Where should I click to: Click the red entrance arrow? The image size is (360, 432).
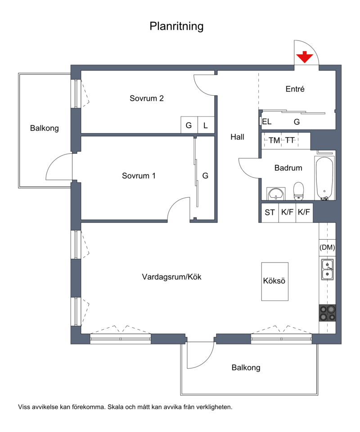[x=305, y=57]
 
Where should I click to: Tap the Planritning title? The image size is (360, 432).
[x=176, y=26]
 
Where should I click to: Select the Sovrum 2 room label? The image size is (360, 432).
[x=147, y=98]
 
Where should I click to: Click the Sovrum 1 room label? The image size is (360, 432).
[x=139, y=176]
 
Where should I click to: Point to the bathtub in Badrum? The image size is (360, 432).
[x=324, y=178]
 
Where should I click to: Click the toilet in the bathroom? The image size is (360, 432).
[x=298, y=191]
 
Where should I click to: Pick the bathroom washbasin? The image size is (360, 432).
[x=276, y=193]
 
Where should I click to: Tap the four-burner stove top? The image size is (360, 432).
[x=328, y=313]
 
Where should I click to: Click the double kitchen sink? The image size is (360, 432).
[x=328, y=269]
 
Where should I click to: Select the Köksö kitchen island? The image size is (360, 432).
[x=275, y=281]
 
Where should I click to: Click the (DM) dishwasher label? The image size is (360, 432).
[x=327, y=247]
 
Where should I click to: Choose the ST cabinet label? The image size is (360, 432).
[x=270, y=213]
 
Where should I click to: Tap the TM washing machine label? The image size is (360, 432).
[x=274, y=141]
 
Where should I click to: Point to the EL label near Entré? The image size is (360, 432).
[x=267, y=121]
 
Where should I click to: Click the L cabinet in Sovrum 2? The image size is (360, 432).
[x=206, y=125]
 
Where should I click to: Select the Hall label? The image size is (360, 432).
[x=238, y=137]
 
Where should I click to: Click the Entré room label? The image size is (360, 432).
[x=295, y=89]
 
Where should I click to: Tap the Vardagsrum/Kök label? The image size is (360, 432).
[x=171, y=277]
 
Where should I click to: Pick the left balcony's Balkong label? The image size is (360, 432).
[x=45, y=129]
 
